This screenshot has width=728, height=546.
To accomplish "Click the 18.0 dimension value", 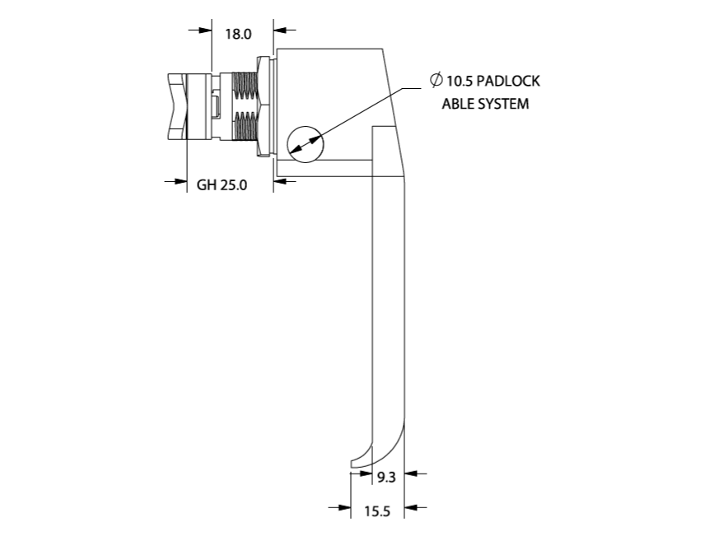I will (237, 34).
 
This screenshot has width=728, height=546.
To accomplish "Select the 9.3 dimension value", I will (387, 476).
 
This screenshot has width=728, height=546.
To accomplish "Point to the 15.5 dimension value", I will (376, 511).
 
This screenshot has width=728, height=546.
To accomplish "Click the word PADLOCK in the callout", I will (506, 82).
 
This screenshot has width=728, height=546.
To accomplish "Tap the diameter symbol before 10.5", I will (436, 81).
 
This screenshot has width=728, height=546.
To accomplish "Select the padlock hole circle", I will (306, 143).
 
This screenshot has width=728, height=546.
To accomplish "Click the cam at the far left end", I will (177, 107).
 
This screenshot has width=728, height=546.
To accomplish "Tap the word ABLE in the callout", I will (458, 104).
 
